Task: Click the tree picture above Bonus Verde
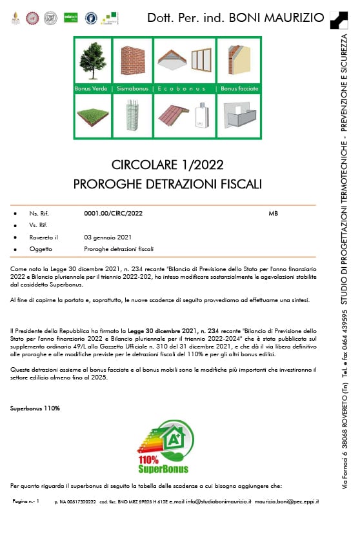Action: coord(93,61)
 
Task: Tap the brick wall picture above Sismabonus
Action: coord(132,61)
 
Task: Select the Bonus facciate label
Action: coord(239,88)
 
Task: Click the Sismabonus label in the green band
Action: coord(133,88)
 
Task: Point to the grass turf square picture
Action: coord(93,116)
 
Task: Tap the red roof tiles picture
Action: coord(173,116)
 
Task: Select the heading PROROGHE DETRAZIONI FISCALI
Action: coord(168,184)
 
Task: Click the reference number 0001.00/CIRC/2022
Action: coord(113,213)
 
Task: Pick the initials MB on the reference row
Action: coord(274,213)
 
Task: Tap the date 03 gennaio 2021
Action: coord(108,237)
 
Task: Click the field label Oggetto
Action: coord(40,249)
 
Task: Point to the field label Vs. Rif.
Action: coord(39,225)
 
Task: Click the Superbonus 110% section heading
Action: coord(35,409)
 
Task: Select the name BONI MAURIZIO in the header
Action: coord(277,17)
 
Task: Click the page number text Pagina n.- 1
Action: coord(26,501)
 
